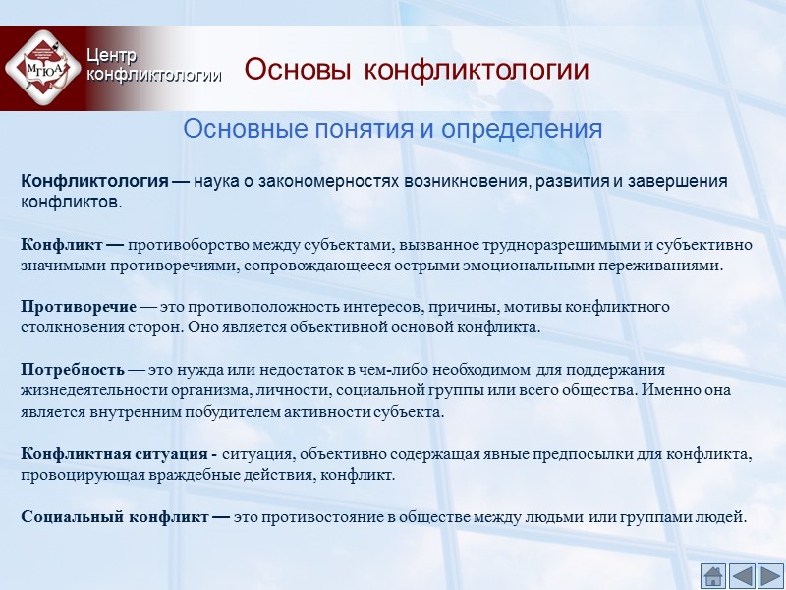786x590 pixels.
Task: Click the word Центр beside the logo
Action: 111,56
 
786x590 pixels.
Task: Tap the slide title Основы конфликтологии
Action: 416,71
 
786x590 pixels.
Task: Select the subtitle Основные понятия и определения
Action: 392,129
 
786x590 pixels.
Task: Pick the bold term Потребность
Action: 73,370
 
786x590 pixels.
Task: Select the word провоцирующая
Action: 71,475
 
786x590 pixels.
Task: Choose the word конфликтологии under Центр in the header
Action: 153,74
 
